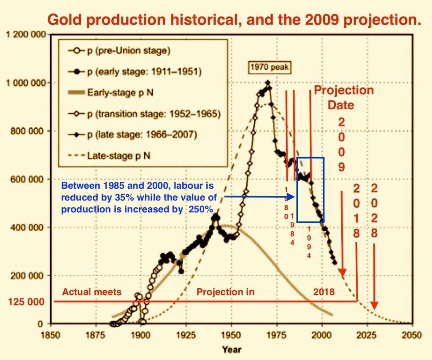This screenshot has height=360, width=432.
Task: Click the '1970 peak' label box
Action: (270, 66)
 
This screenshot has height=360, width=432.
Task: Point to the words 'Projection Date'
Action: (344, 97)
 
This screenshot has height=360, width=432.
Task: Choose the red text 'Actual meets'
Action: (92, 292)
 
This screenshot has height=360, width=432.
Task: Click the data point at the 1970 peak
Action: (267, 83)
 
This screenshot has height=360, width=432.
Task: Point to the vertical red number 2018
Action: (356, 211)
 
